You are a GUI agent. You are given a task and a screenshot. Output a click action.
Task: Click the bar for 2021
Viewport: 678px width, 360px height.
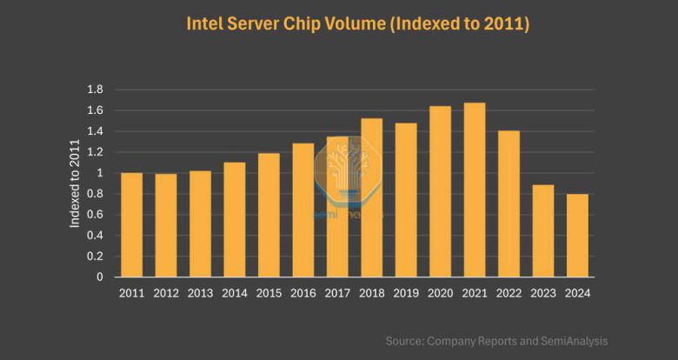pyautogui.click(x=475, y=190)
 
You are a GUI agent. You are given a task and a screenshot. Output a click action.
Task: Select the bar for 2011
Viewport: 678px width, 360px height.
pyautogui.click(x=132, y=225)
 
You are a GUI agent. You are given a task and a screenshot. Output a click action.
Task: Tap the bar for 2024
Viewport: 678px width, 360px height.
pyautogui.click(x=577, y=236)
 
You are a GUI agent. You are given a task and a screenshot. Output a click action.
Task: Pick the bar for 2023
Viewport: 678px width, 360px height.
pyautogui.click(x=543, y=231)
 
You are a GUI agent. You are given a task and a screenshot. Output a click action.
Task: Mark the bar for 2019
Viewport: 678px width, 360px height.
pyautogui.click(x=406, y=200)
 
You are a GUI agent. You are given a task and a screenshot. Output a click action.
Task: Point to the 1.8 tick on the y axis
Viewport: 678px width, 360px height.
pyautogui.click(x=96, y=90)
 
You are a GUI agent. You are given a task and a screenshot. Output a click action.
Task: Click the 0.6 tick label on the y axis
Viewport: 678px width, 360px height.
pyautogui.click(x=96, y=215)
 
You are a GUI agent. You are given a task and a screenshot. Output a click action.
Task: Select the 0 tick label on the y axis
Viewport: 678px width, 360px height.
pyautogui.click(x=100, y=277)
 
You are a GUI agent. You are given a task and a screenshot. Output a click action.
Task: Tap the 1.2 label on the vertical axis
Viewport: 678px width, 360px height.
pyautogui.click(x=96, y=152)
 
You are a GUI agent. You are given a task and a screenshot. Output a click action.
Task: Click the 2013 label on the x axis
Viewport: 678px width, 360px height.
pyautogui.click(x=200, y=293)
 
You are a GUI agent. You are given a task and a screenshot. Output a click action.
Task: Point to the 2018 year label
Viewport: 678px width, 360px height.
pyautogui.click(x=371, y=293)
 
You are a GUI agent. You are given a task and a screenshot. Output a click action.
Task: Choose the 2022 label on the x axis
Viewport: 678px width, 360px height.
pyautogui.click(x=508, y=293)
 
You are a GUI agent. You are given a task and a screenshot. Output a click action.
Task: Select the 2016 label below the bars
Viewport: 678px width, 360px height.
pyautogui.click(x=302, y=293)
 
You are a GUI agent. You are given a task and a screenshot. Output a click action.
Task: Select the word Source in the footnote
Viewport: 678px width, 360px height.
pyautogui.click(x=404, y=342)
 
